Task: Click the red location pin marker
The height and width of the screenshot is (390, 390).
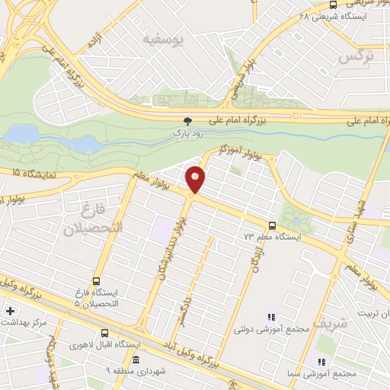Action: (195, 180)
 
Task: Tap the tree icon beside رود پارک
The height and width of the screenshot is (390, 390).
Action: (188, 121)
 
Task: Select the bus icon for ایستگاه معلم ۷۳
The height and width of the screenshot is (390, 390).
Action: (272, 225)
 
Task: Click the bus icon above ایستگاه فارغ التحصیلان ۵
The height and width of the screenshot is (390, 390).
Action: (96, 281)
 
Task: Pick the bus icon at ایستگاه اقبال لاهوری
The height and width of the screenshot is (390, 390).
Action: (105, 334)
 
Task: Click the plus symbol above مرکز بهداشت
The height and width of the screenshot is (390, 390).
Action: (10, 311)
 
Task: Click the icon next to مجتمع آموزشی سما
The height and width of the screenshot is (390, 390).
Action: (321, 362)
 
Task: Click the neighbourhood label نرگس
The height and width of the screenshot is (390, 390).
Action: (357, 56)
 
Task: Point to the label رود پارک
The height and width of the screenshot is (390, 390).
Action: (187, 133)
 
